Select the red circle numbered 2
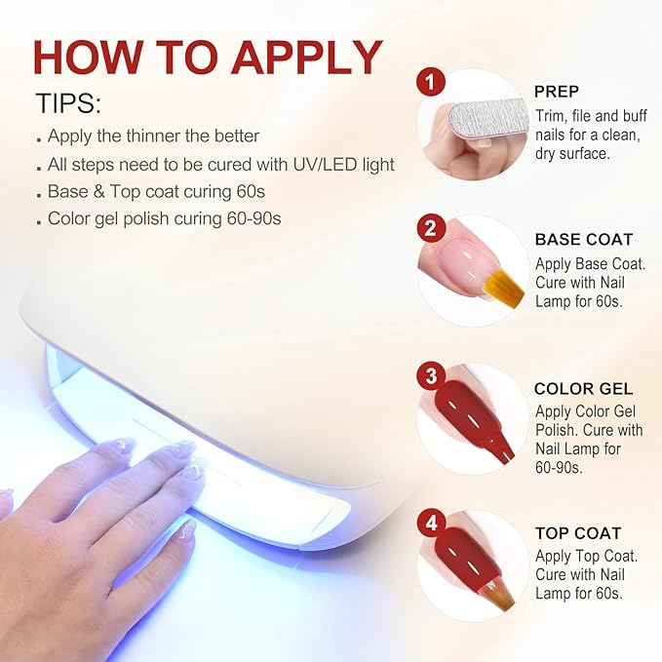(x=431, y=230)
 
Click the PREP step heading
(x=557, y=92)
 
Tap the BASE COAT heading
(x=583, y=239)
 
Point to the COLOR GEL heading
(x=583, y=388)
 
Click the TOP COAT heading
(x=578, y=534)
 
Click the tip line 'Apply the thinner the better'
(x=153, y=136)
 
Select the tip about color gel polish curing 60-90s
(x=164, y=218)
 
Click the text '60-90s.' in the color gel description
(x=559, y=467)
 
